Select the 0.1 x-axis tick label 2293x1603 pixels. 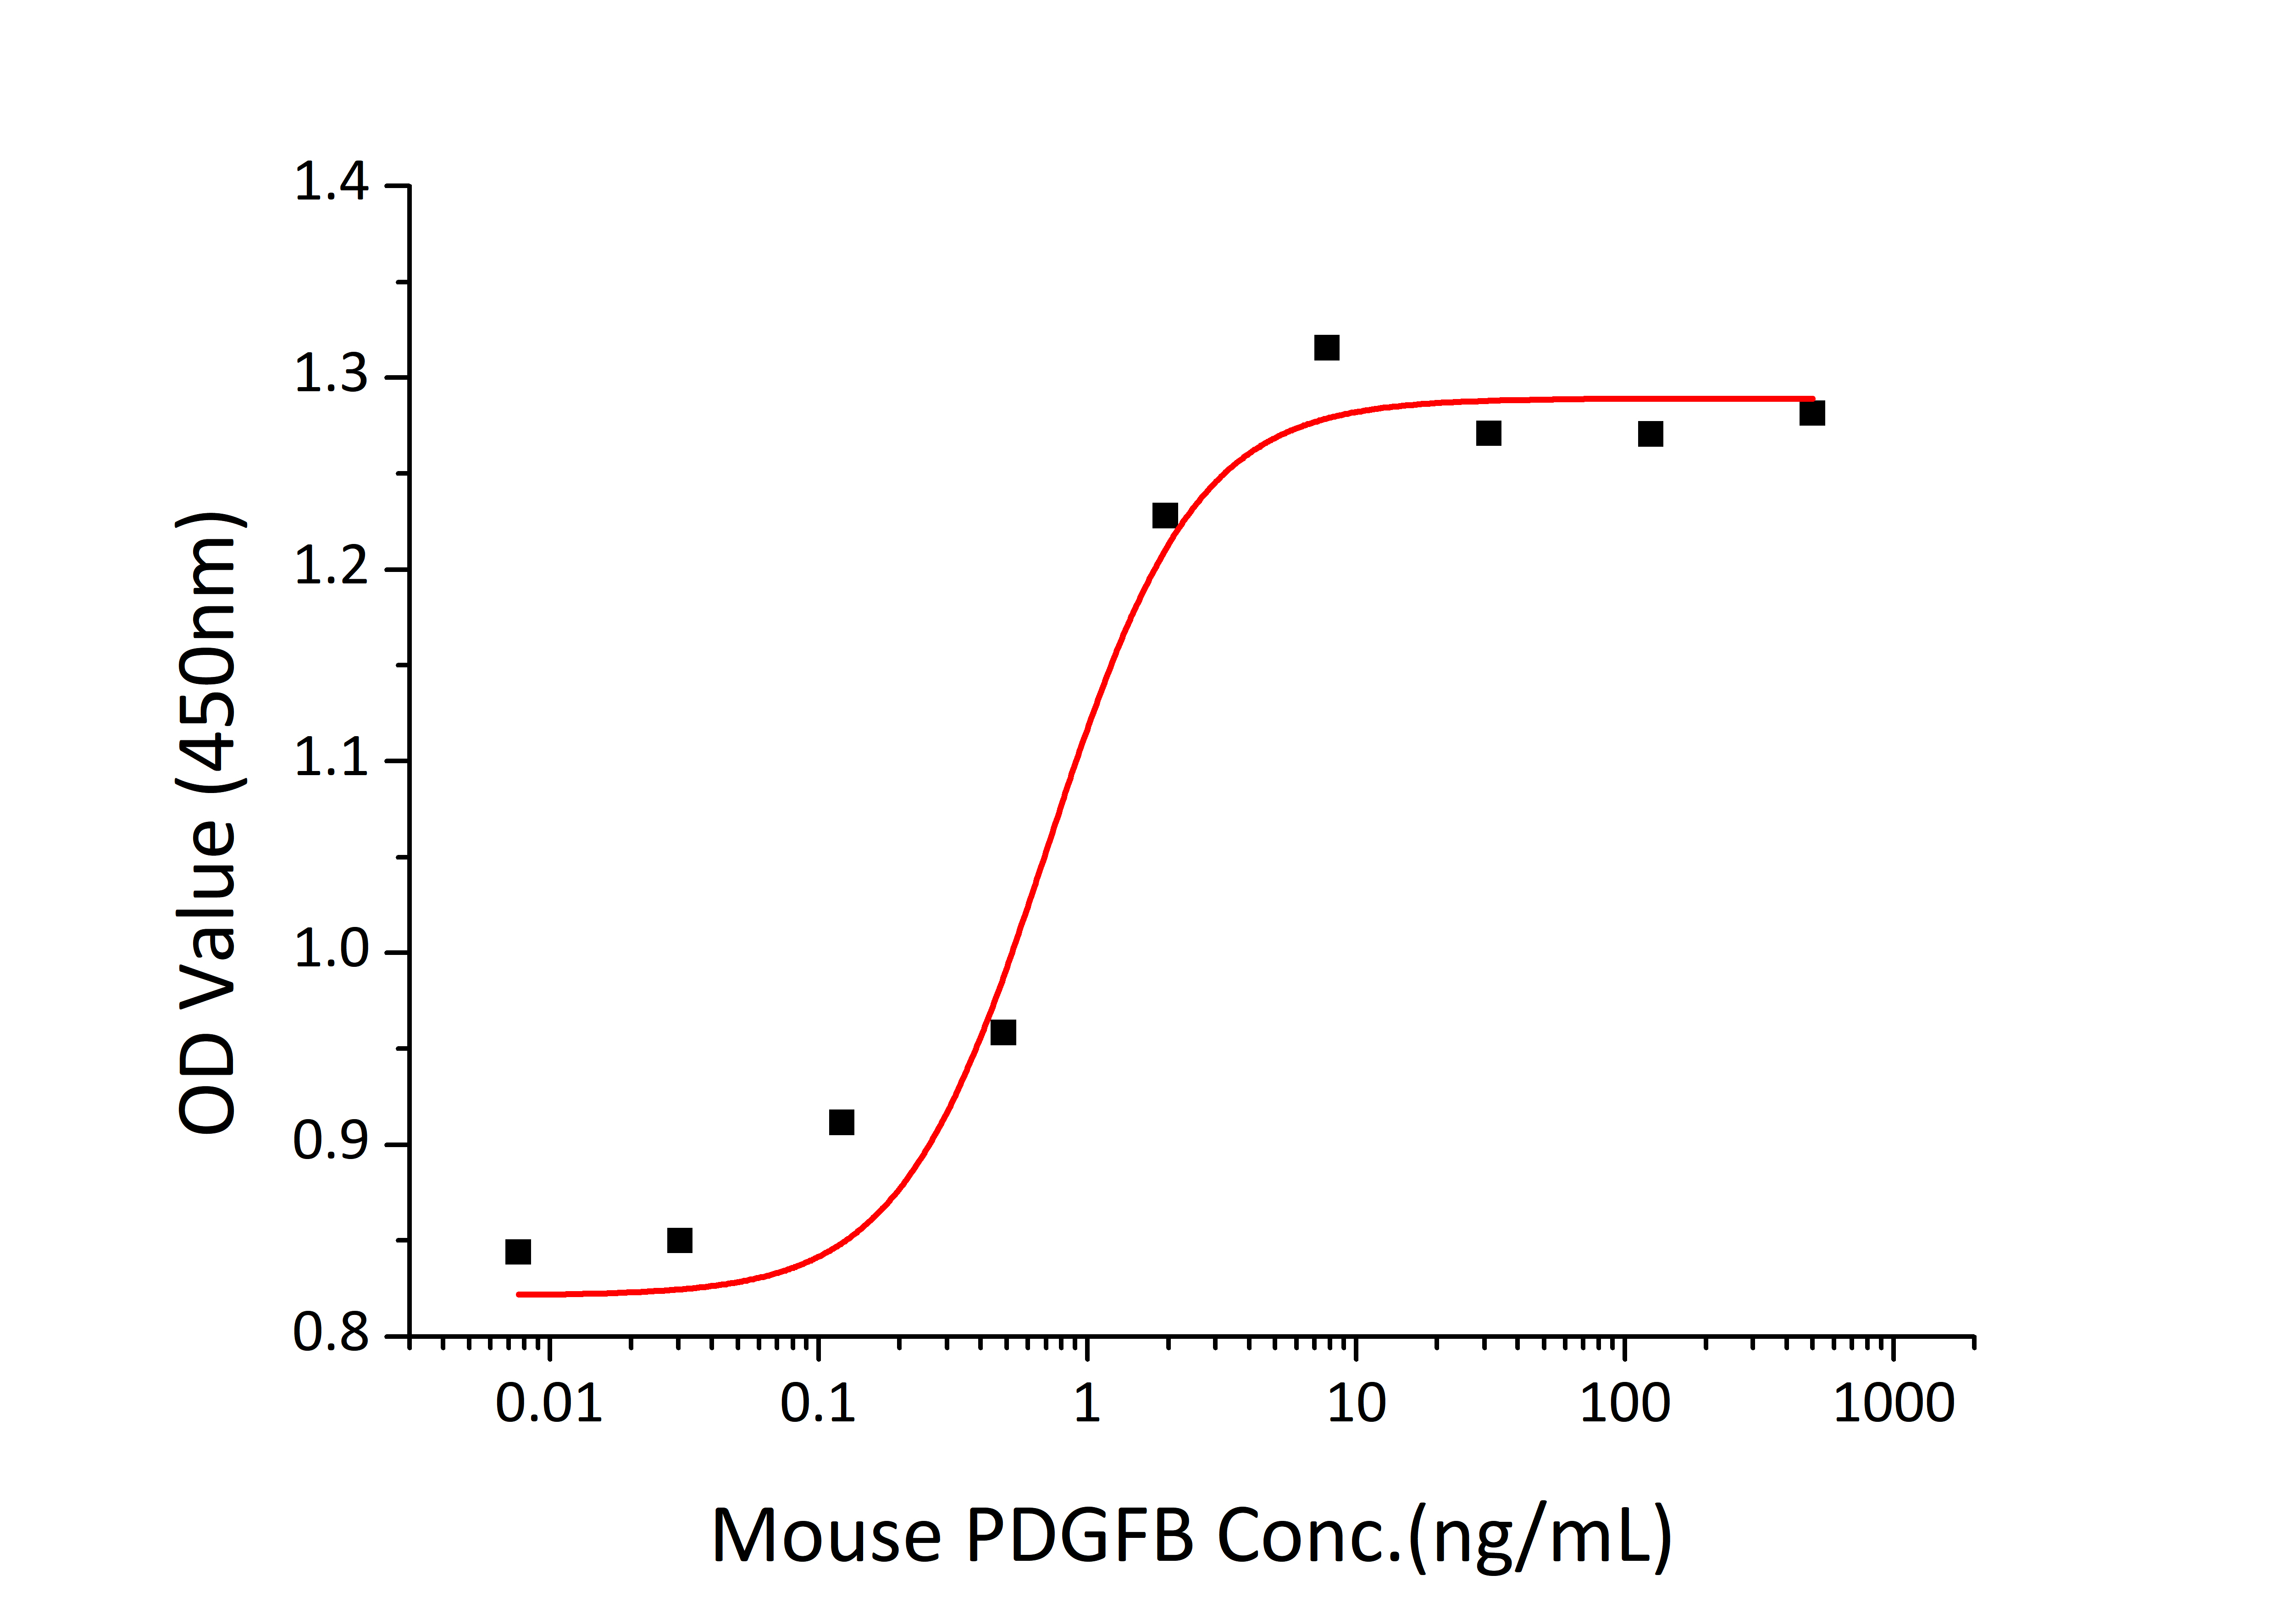(x=818, y=1404)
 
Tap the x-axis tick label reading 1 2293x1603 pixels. (x=1086, y=1404)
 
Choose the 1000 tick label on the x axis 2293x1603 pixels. (x=1894, y=1404)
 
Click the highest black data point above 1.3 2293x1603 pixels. (x=1326, y=348)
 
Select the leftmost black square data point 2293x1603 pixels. (x=517, y=1251)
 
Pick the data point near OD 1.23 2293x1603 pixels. (x=1164, y=516)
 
